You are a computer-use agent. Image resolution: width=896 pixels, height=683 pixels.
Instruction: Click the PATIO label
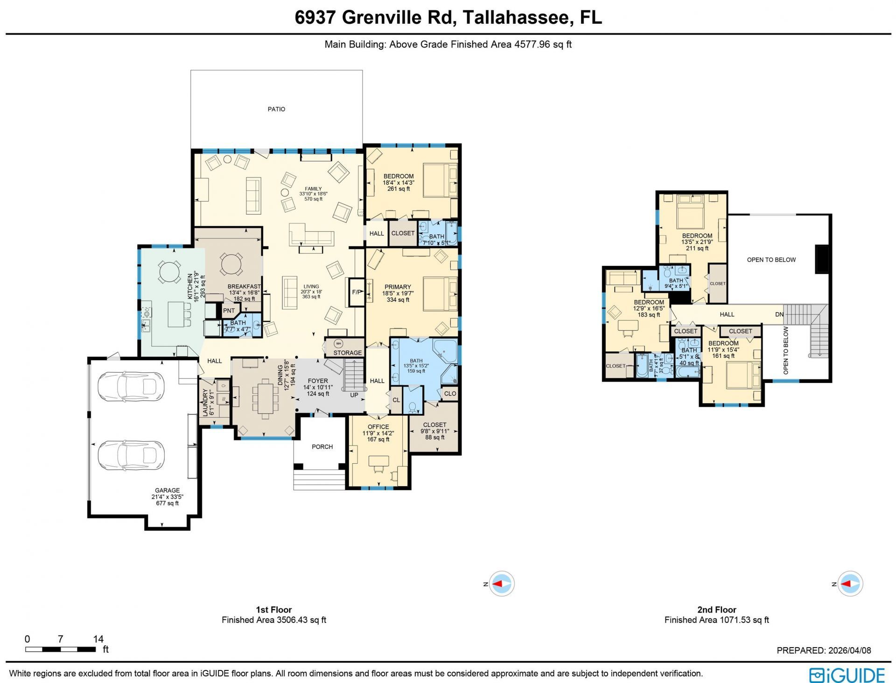tap(276, 109)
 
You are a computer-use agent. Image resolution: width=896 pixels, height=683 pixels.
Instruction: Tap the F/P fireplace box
tap(357, 292)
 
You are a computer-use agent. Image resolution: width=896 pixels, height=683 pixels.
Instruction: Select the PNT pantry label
tap(229, 311)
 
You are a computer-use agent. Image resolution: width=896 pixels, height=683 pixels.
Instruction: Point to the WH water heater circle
tap(338, 344)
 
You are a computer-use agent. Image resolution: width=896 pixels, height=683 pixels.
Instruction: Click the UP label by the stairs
tap(354, 395)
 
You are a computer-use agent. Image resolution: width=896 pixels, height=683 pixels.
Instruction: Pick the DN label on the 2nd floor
tap(779, 314)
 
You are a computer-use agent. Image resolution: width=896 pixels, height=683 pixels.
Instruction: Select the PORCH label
tap(322, 447)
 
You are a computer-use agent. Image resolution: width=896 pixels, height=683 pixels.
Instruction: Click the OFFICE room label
tap(378, 427)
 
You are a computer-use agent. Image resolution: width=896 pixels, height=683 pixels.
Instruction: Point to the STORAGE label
tap(348, 353)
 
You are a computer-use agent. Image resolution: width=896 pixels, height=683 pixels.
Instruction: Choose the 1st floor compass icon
tap(502, 584)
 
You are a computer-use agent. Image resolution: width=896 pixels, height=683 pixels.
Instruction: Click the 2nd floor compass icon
tap(850, 584)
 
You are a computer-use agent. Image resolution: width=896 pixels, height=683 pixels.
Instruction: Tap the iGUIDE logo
tap(847, 675)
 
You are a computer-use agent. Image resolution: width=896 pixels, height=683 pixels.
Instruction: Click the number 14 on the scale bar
tap(98, 639)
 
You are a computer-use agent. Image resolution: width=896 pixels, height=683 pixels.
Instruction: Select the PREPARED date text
tap(824, 650)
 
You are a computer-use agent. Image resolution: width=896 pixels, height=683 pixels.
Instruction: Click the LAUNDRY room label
tap(205, 402)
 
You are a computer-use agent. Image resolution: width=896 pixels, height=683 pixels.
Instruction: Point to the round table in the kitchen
tap(169, 272)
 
